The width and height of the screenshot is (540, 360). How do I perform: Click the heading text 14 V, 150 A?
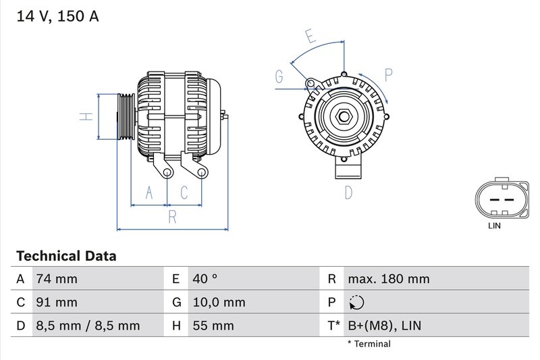[x=57, y=16]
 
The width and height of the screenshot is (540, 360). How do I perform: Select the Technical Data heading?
[x=66, y=256]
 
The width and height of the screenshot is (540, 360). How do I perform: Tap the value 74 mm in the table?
[x=57, y=279]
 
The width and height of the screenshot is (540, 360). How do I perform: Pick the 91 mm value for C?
[x=57, y=302]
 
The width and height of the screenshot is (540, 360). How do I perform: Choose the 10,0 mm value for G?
[x=219, y=302]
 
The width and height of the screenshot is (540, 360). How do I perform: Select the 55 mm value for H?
[x=213, y=326]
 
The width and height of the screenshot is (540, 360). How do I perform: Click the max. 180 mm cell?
[x=388, y=279]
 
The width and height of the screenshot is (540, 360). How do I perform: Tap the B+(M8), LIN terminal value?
[x=384, y=326]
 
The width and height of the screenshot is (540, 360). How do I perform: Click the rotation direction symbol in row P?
[x=356, y=302]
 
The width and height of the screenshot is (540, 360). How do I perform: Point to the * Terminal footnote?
[x=369, y=344]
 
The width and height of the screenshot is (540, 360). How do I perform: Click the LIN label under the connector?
[x=494, y=226]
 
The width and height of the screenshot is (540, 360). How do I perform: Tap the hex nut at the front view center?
[x=344, y=117]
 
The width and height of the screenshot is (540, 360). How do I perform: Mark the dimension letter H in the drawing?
[x=86, y=116]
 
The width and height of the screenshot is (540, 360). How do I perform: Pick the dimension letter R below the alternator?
[x=172, y=217]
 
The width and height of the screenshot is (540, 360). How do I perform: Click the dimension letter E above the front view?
[x=310, y=36]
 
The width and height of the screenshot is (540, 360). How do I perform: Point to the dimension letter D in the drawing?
[x=348, y=192]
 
